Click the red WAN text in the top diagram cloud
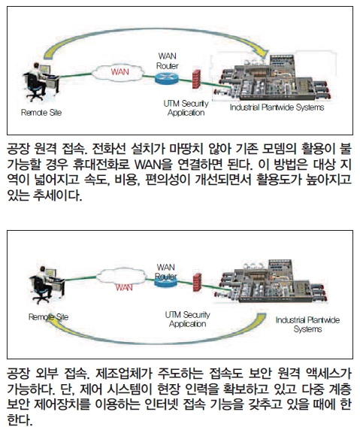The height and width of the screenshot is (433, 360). (x=119, y=72)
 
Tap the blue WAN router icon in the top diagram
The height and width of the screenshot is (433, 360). (x=167, y=78)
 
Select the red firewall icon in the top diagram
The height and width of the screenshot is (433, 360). (x=196, y=79)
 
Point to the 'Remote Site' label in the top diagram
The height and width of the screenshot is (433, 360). (x=41, y=113)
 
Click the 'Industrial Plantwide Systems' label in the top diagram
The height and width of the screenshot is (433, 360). (x=277, y=107)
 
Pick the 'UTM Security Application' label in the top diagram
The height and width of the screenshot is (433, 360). (x=186, y=108)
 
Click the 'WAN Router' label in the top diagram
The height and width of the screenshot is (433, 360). (x=168, y=61)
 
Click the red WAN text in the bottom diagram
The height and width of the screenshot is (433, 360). (x=124, y=287)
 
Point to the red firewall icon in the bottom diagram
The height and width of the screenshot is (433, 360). (x=197, y=282)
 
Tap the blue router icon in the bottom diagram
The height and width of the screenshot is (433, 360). (x=165, y=280)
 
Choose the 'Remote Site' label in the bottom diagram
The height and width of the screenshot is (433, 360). (x=49, y=317)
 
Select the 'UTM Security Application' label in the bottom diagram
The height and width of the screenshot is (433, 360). (x=187, y=319)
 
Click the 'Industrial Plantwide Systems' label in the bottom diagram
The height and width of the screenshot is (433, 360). (x=307, y=325)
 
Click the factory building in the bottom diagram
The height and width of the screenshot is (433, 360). (x=274, y=281)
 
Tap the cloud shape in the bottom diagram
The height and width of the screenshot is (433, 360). (x=122, y=276)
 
